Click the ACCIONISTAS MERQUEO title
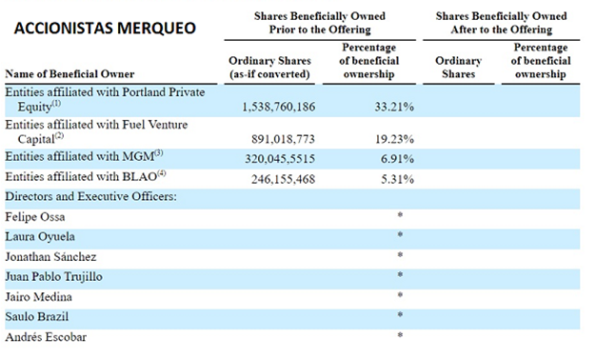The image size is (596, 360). (105, 29)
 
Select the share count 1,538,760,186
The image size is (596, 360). (279, 107)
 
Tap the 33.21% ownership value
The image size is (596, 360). (394, 107)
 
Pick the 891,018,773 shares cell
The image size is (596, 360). (283, 139)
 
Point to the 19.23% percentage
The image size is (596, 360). (394, 139)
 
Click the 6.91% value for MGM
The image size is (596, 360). (397, 158)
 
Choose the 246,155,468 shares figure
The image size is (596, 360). (283, 179)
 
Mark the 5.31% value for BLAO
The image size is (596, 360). (397, 179)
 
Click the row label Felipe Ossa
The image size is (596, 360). (35, 217)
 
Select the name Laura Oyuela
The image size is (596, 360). (40, 237)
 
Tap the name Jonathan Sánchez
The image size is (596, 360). (50, 257)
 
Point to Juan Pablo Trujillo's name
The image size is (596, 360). (53, 277)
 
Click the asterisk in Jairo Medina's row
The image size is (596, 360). (400, 294)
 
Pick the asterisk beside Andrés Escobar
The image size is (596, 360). (400, 335)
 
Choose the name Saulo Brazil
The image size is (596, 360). (37, 316)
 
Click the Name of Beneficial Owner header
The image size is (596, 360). (70, 73)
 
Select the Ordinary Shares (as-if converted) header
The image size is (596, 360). (269, 68)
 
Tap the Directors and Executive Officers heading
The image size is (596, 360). (90, 196)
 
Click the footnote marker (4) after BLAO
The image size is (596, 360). (162, 173)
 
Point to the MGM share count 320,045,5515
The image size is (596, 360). (280, 158)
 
